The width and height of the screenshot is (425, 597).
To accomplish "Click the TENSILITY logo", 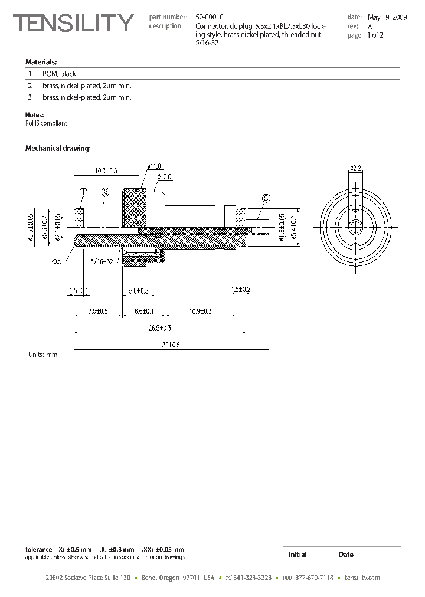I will point(74,23).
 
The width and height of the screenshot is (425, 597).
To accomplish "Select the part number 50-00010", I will point(210,18).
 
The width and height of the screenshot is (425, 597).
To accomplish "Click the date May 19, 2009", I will point(387,18).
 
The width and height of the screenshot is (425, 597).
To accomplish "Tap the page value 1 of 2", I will point(375,35).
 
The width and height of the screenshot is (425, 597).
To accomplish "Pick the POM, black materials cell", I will point(59,74).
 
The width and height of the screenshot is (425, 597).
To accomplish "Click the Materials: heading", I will point(41,61).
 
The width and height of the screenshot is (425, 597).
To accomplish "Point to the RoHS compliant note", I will point(46,123).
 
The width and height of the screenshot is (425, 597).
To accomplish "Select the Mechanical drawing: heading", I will point(57,148).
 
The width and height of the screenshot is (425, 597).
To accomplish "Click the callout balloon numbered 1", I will point(83,192).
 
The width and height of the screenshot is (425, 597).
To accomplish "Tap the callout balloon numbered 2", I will point(106,191).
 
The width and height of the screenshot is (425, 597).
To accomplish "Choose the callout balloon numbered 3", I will point(266,199).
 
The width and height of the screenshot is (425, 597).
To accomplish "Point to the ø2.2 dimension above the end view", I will point(355,168).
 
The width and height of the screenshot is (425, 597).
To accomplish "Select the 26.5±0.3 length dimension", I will point(159,328).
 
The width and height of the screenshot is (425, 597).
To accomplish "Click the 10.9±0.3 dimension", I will point(201,311).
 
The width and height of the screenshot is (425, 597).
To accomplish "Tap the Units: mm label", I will point(42,355).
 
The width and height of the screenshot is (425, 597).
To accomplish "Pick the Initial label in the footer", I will point(297,555).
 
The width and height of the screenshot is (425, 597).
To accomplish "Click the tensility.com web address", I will point(362,578).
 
